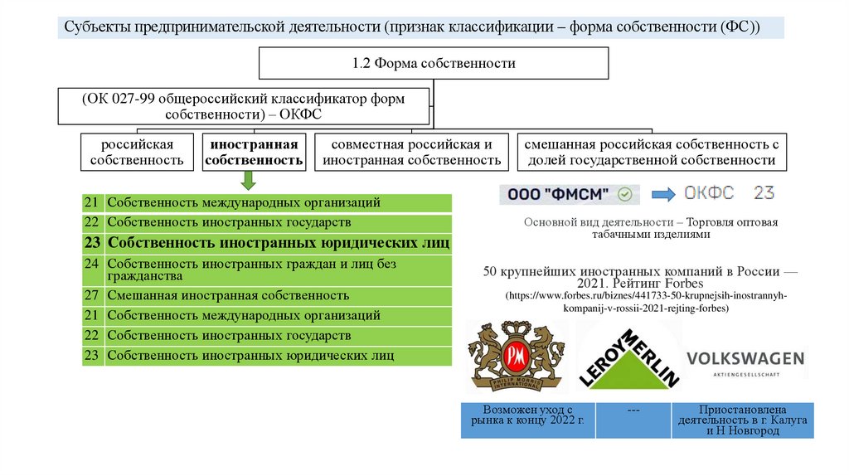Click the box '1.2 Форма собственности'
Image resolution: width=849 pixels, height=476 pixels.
click(434, 64)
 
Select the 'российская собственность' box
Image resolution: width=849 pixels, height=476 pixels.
click(138, 153)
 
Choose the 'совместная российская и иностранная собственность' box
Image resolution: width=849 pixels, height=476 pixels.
click(412, 153)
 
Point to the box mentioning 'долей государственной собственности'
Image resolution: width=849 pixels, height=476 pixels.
click(651, 153)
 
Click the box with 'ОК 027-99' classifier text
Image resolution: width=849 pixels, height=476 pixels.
click(243, 106)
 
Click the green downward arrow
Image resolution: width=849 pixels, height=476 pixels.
click(248, 181)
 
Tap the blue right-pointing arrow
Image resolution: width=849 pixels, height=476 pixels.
click(663, 195)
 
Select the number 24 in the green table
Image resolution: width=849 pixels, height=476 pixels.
click(92, 264)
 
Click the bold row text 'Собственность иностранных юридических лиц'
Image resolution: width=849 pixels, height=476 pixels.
click(279, 243)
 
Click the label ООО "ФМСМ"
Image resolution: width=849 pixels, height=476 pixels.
click(557, 195)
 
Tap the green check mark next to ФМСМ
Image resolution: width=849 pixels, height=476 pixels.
click(626, 195)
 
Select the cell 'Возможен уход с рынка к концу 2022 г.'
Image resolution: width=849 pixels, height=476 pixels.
click(528, 420)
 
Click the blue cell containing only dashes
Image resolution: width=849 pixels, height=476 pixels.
click(633, 420)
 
